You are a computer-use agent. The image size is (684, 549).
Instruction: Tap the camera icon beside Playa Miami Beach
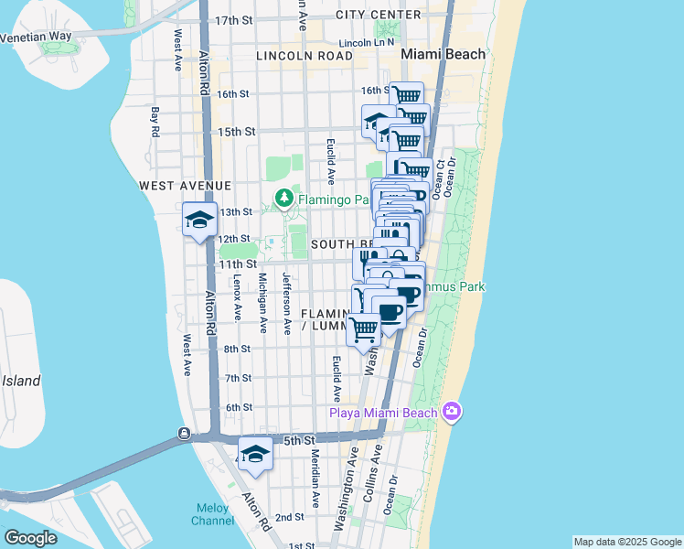(451, 412)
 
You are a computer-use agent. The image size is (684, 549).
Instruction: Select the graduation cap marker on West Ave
(198, 220)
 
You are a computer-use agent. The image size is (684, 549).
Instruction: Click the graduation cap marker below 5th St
(255, 454)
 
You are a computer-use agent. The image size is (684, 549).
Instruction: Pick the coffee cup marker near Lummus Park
(390, 313)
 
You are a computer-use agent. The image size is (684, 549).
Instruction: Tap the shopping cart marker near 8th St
(364, 328)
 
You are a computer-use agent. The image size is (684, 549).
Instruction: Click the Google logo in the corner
(30, 538)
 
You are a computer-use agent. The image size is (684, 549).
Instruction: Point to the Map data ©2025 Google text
(627, 542)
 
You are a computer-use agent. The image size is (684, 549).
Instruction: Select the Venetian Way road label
(36, 38)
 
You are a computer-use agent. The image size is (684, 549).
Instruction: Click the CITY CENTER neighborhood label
(379, 15)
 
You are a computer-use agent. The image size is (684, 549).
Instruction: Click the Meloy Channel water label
(213, 514)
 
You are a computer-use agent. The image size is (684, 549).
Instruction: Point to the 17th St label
(233, 20)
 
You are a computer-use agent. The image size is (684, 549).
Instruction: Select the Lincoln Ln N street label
(366, 42)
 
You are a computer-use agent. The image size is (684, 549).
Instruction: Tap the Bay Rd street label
(155, 121)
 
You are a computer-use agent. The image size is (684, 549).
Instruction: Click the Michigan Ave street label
(262, 302)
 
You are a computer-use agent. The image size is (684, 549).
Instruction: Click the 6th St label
(238, 407)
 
